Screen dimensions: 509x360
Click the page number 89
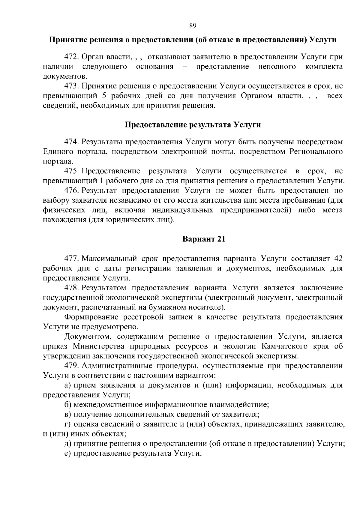(193, 26)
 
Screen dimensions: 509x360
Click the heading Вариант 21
(204, 239)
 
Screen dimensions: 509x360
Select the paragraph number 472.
(72, 57)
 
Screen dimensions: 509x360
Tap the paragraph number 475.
(72, 171)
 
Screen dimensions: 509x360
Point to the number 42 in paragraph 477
(338, 259)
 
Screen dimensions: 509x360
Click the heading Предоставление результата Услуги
(193, 125)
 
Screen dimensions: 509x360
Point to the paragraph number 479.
(72, 366)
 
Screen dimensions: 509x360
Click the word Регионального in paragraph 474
(316, 151)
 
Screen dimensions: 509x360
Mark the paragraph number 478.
(72, 288)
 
